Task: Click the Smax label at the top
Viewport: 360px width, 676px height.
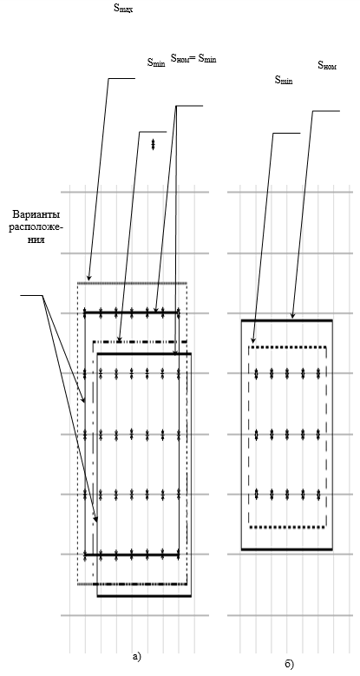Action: tap(123, 8)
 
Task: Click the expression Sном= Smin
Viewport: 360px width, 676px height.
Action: tap(193, 58)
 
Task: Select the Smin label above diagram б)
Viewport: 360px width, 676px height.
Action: tap(284, 80)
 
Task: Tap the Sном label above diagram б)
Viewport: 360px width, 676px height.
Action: tap(327, 65)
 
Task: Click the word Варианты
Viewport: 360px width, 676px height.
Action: tap(36, 214)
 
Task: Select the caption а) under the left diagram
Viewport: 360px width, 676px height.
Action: tap(137, 657)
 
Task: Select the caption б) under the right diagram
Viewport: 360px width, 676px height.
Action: tap(289, 665)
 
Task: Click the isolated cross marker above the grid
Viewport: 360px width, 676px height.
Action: tap(153, 144)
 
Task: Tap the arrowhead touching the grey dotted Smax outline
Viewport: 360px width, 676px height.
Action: tap(88, 277)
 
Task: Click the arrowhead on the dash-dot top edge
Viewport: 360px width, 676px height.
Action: tap(120, 338)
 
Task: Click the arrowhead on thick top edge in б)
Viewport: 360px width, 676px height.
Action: tap(292, 316)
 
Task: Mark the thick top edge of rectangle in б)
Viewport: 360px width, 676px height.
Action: tap(287, 320)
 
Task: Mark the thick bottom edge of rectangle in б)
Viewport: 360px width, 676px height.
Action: tap(287, 549)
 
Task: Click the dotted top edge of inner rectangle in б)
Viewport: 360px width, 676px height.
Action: tap(288, 346)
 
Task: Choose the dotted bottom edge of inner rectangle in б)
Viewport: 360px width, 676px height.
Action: tap(288, 527)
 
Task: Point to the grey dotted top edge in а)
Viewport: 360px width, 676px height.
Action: tap(132, 283)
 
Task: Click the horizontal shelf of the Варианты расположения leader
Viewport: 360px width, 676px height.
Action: tap(32, 295)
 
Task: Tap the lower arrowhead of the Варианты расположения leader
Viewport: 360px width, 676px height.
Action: tap(96, 519)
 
